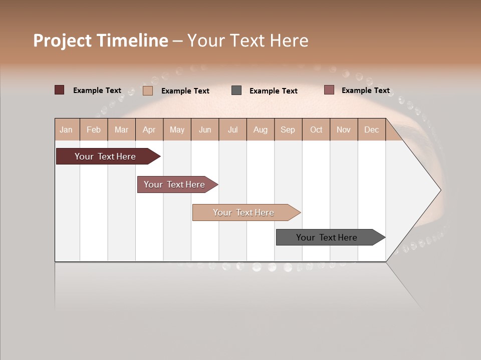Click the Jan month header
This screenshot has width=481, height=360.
(x=67, y=129)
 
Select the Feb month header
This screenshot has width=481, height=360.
(x=94, y=129)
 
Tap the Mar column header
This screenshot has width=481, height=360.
(x=121, y=129)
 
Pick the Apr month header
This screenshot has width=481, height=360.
(x=149, y=129)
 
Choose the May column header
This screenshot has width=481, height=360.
(x=177, y=129)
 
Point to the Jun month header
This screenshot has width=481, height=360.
(x=205, y=129)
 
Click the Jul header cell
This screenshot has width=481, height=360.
(x=232, y=129)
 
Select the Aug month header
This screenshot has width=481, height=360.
(x=260, y=129)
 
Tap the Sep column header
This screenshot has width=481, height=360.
(x=288, y=129)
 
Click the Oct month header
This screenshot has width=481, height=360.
(x=316, y=129)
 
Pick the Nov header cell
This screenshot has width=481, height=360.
(x=344, y=129)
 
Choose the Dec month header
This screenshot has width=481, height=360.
(x=371, y=129)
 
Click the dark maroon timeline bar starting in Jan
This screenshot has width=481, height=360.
(x=106, y=156)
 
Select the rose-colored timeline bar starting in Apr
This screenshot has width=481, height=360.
(x=175, y=184)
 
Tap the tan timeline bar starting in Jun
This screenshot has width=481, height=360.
(x=244, y=212)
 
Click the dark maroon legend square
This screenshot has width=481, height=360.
(x=60, y=90)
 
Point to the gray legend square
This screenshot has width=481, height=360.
(x=236, y=90)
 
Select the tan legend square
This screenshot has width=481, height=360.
(x=148, y=90)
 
